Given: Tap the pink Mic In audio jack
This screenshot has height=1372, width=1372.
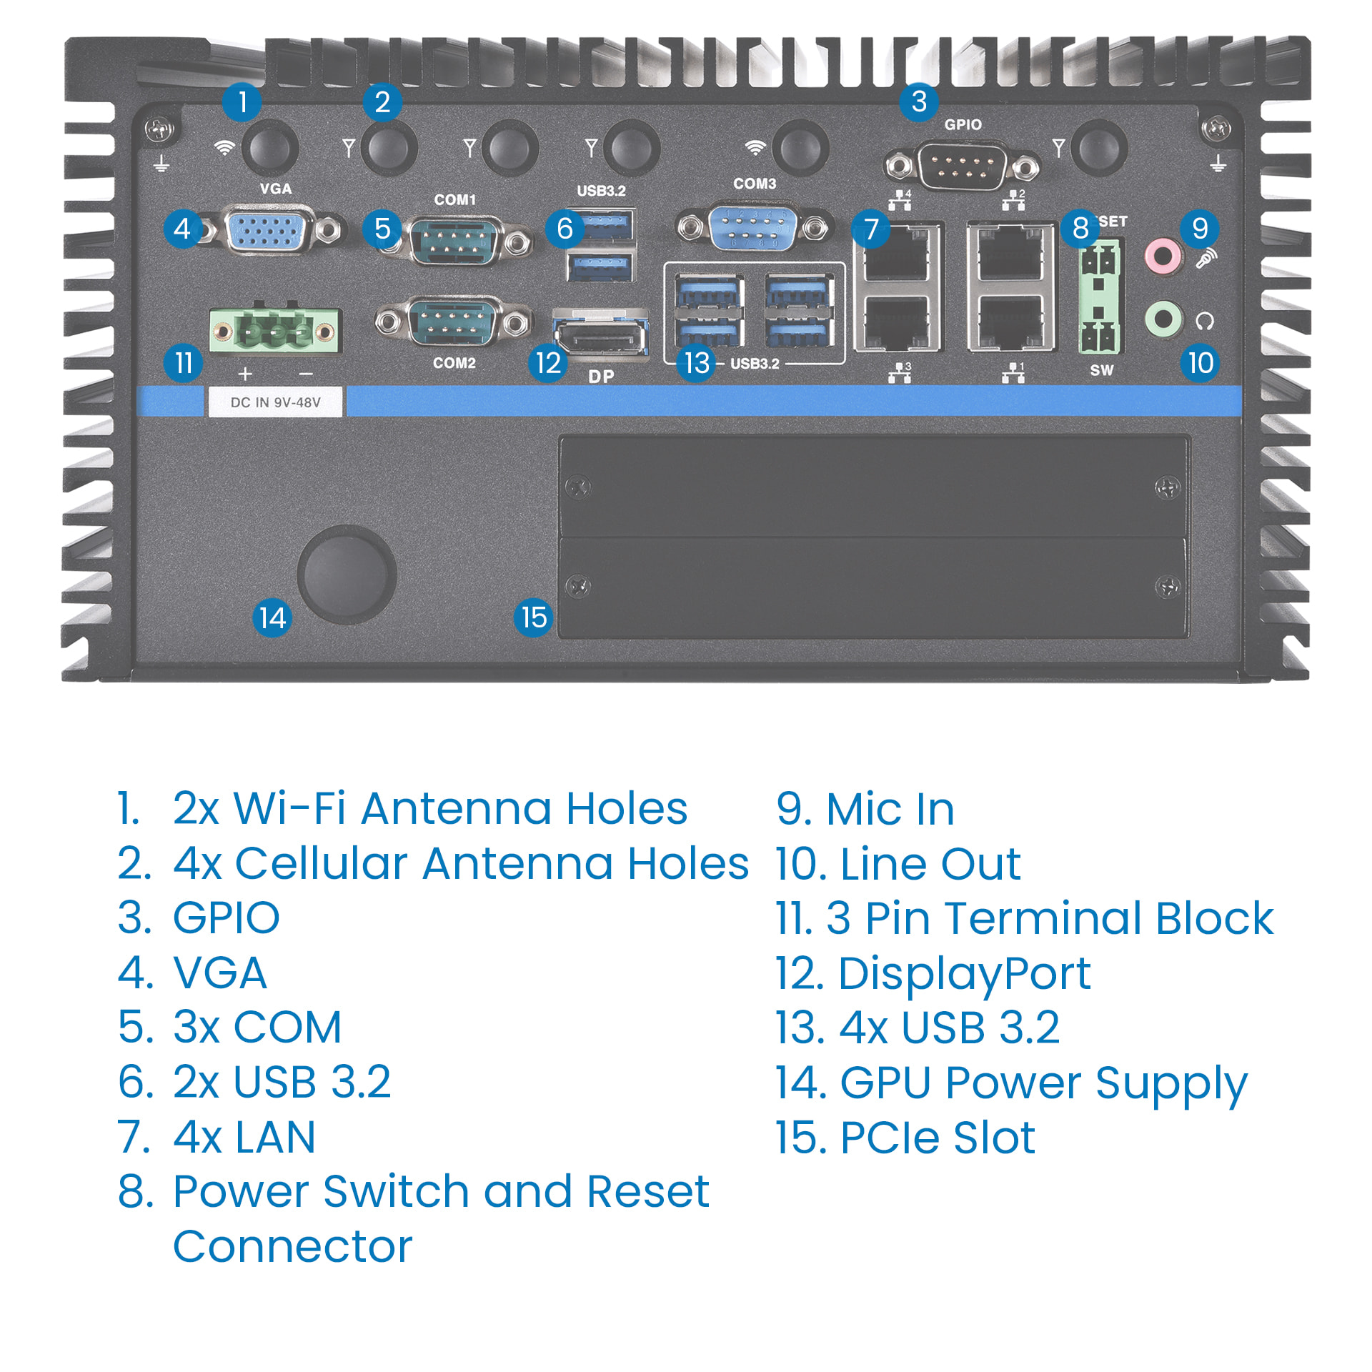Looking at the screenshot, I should click(x=1163, y=256).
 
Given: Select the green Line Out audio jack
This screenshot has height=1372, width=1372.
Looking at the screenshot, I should click(x=1163, y=318).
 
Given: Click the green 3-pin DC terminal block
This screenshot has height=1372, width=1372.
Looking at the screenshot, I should click(x=274, y=331).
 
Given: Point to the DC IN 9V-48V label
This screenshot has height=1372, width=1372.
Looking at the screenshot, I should click(x=275, y=402).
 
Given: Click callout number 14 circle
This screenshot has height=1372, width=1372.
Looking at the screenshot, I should click(x=272, y=617).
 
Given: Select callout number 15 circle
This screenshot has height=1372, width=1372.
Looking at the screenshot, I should click(x=534, y=617).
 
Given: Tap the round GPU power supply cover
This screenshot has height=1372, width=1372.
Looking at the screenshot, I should click(x=347, y=575).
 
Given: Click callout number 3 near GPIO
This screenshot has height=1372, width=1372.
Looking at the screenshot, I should click(x=919, y=101).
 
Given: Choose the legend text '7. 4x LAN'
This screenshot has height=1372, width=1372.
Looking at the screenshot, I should click(x=217, y=1136).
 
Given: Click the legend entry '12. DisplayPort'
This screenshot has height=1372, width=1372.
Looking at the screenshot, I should click(x=933, y=973).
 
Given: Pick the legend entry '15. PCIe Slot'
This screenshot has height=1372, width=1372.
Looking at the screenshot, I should click(x=905, y=1137).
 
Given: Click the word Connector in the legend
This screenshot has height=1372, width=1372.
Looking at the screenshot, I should click(x=292, y=1247).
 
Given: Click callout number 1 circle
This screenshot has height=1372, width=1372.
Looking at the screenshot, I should click(x=242, y=102).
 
